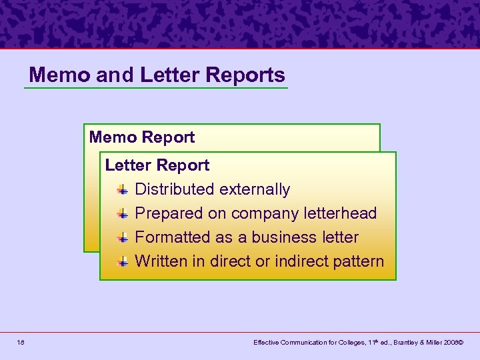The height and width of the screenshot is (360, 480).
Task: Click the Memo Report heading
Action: [142, 137]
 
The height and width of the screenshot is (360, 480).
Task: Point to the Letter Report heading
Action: [157, 165]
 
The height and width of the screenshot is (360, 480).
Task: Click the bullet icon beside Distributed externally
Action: [123, 190]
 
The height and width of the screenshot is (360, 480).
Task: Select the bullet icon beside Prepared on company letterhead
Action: [123, 214]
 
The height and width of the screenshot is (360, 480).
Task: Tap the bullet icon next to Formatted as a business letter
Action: [123, 238]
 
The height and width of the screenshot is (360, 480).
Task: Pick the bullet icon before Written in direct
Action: [123, 262]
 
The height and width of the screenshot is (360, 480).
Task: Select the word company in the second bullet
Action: [263, 213]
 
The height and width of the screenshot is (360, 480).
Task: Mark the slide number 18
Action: [21, 342]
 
